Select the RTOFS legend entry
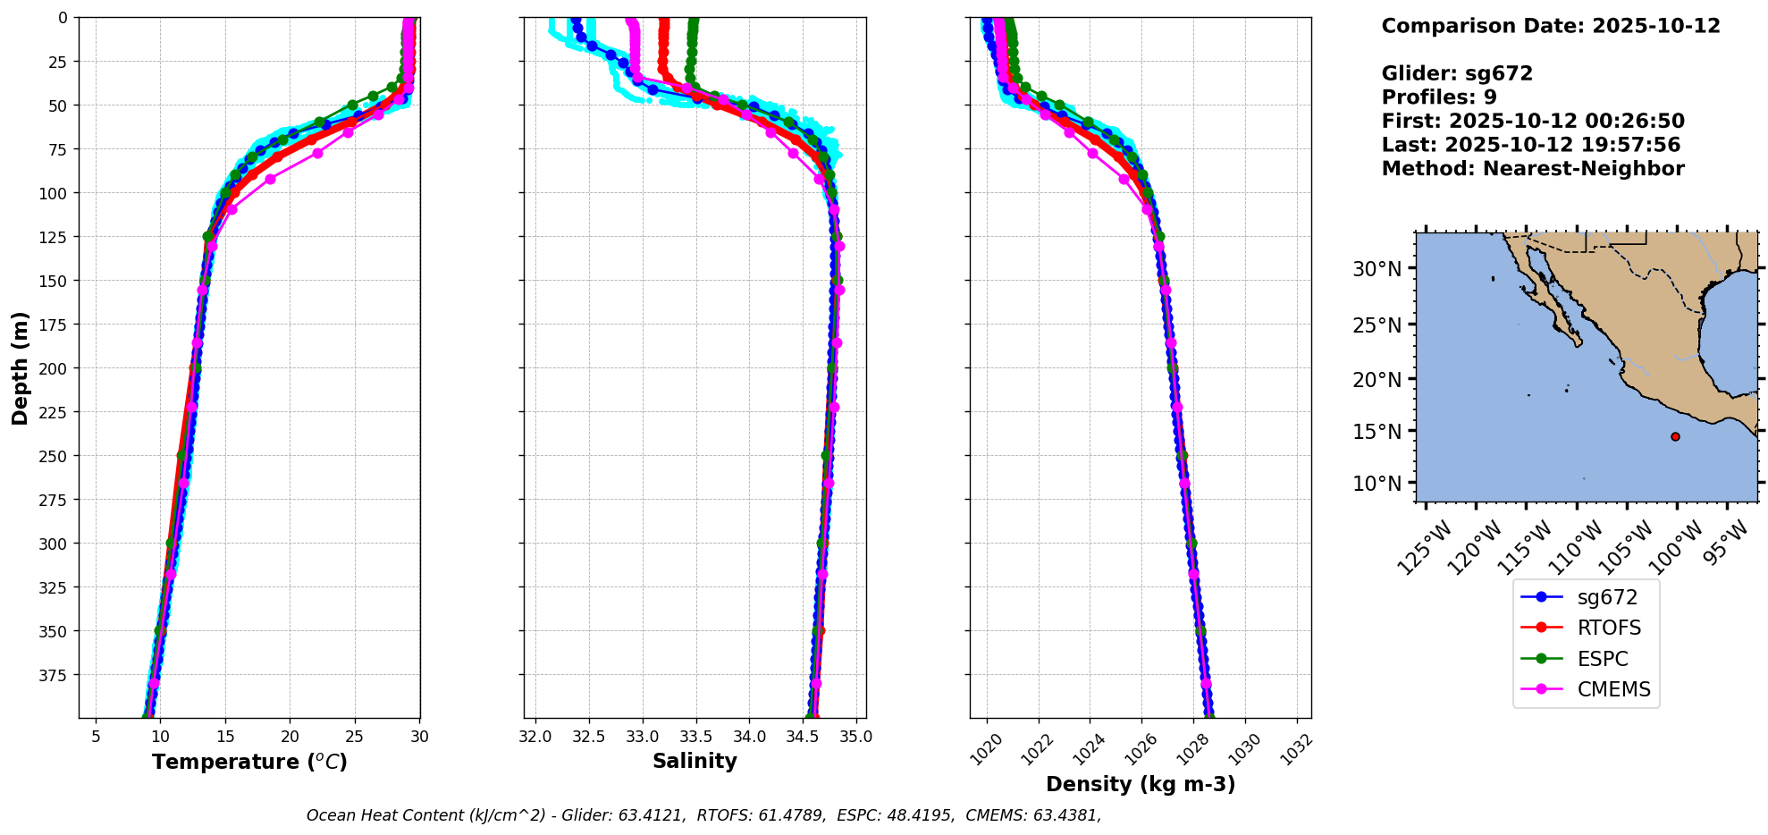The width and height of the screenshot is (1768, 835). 1609,628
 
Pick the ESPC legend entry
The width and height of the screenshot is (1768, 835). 1603,659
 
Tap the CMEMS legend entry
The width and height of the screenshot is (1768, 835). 1613,689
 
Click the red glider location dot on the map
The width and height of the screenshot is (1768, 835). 1675,436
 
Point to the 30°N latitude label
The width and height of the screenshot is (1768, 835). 1377,269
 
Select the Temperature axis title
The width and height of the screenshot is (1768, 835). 249,762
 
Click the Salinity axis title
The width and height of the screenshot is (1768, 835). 695,761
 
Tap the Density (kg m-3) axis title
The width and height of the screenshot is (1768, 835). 1141,784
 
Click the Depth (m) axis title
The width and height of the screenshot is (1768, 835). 21,367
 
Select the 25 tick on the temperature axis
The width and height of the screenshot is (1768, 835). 355,737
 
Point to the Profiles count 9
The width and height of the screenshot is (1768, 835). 1490,97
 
